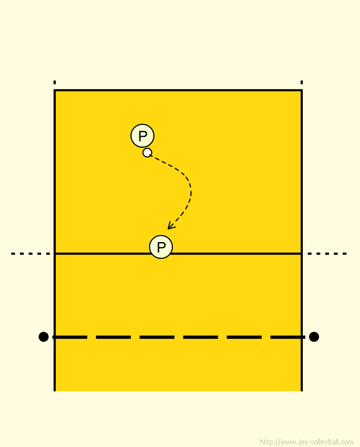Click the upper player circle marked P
click(142, 136)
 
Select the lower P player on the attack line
click(161, 247)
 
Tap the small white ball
click(147, 153)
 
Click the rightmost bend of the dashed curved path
click(191, 193)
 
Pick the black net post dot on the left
click(43, 337)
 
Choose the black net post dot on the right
click(314, 337)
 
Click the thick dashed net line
click(179, 337)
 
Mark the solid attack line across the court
click(178, 254)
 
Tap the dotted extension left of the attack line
click(31, 254)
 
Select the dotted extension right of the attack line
click(327, 254)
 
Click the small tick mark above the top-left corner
click(55, 82)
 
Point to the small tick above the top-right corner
click(301, 82)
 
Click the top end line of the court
click(178, 91)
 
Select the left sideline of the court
click(55, 240)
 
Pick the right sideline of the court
click(301, 240)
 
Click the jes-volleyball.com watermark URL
click(307, 442)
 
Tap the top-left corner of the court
click(55, 91)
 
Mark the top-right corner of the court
click(301, 91)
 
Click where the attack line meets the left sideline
click(55, 254)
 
